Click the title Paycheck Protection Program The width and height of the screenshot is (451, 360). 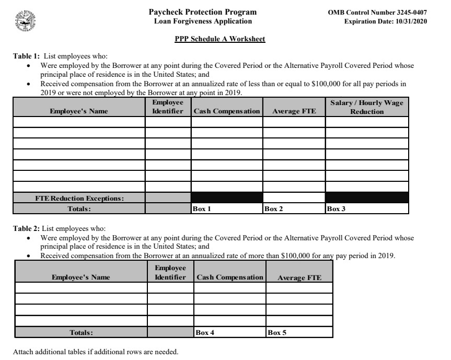pyautogui.click(x=202, y=12)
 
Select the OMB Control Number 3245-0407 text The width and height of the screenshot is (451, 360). pyautogui.click(x=378, y=12)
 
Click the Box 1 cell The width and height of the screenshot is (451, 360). pyautogui.click(x=227, y=208)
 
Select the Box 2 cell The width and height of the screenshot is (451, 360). pyautogui.click(x=294, y=208)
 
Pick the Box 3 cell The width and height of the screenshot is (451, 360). pyautogui.click(x=366, y=208)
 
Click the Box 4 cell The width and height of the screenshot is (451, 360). pyautogui.click(x=229, y=332)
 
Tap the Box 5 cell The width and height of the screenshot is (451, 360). pyautogui.click(x=299, y=332)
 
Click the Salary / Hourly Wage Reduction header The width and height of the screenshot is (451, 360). pyautogui.click(x=367, y=107)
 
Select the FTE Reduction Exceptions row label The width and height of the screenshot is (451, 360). pyautogui.click(x=79, y=198)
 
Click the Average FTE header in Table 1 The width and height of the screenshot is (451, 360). pyautogui.click(x=294, y=111)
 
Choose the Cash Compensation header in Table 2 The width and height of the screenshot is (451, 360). pyautogui.click(x=229, y=277)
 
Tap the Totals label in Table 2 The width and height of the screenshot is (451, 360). pyautogui.click(x=81, y=332)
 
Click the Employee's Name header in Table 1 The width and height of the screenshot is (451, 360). pyautogui.click(x=79, y=111)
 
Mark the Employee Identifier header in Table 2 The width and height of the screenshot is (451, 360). pyautogui.click(x=169, y=272)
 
